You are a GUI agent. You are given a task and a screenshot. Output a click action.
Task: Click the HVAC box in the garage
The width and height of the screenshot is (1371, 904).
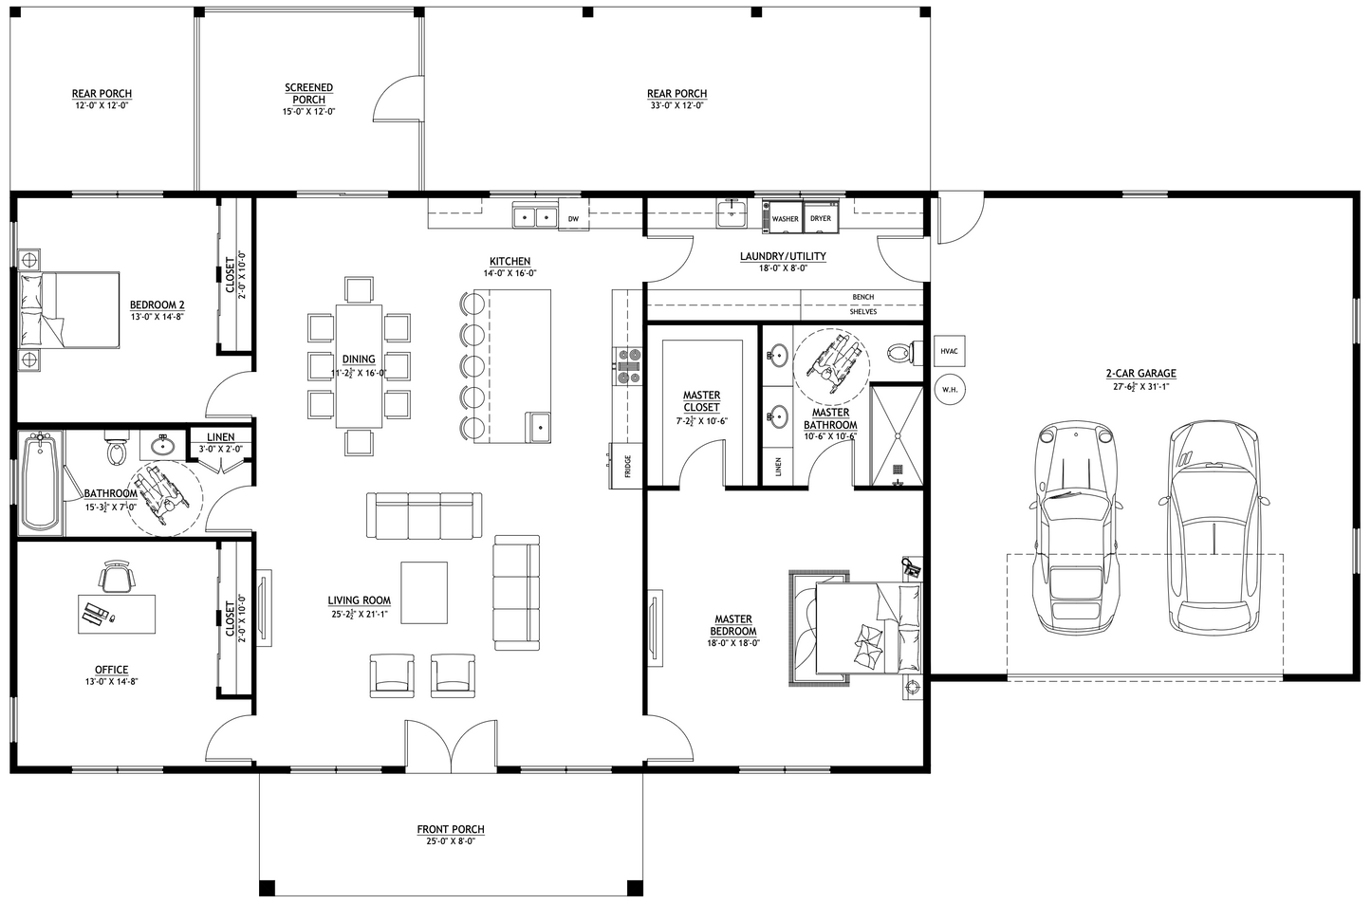pos(949,351)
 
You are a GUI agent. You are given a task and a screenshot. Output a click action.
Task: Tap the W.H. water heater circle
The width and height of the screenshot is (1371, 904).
pos(949,389)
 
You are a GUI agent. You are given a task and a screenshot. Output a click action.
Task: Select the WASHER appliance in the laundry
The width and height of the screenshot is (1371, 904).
pos(785,217)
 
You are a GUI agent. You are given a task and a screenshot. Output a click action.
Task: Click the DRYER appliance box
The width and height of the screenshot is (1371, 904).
pos(820,217)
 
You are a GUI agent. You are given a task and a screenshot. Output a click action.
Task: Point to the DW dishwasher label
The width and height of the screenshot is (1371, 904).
pos(573,219)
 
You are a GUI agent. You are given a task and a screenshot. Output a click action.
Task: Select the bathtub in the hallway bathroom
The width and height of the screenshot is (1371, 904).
pos(41,482)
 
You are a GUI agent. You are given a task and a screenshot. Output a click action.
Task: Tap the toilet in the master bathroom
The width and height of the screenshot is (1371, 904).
pos(898,353)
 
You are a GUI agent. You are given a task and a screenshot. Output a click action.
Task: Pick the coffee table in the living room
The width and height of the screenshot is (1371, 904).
pos(423,594)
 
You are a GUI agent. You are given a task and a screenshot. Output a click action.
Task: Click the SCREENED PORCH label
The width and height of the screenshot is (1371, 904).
pos(308,94)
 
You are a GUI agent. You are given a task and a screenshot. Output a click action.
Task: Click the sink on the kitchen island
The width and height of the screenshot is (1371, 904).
pos(539,427)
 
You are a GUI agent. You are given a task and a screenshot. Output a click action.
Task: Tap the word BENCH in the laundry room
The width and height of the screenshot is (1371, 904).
pos(862,297)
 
